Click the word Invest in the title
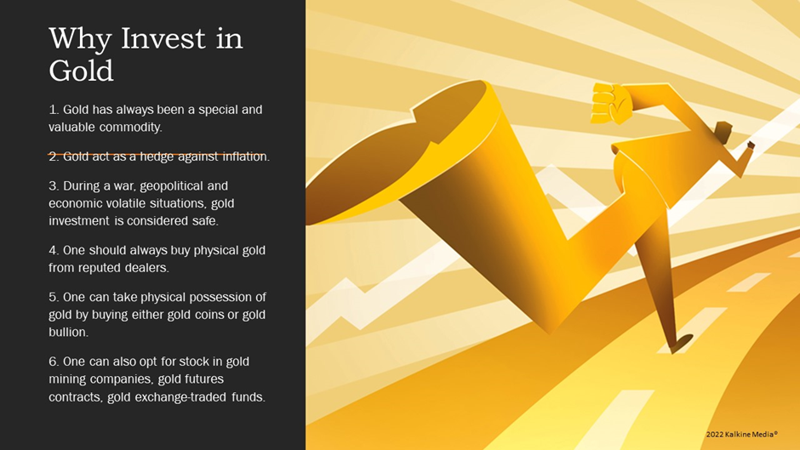(163, 39)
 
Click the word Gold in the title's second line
(81, 71)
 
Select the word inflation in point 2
(246, 157)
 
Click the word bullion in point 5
(68, 332)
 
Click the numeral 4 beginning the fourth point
(53, 250)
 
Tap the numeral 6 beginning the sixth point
(53, 362)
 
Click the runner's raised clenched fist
(611, 104)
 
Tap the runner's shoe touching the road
(681, 344)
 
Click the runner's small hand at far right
(751, 146)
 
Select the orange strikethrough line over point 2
(157, 154)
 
